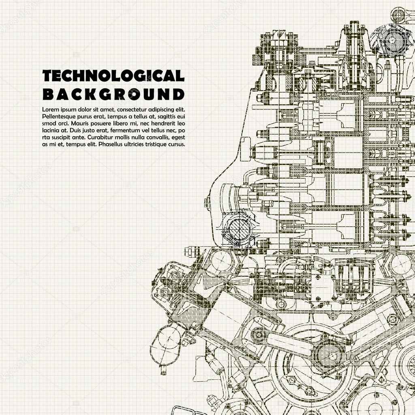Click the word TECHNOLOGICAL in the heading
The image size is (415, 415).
(x=113, y=75)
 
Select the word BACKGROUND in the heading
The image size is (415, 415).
(x=113, y=94)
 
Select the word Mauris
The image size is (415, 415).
(x=62, y=123)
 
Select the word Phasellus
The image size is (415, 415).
(x=109, y=144)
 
